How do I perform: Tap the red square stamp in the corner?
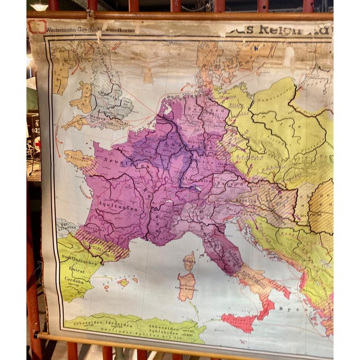click(38, 26)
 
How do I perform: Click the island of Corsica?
click(190, 260)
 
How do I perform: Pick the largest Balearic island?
click(124, 282)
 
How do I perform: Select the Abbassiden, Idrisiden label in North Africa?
click(101, 322)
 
